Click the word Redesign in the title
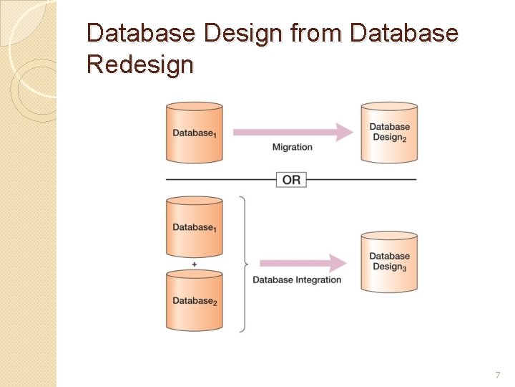pos(139,64)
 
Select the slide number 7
pos(498,376)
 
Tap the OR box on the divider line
pos(291,179)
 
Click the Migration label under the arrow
pos(292,147)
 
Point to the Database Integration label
pos(297,279)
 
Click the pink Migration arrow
pos(293,132)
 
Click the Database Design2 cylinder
pos(389,132)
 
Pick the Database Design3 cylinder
pos(389,262)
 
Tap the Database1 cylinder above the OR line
pos(194,133)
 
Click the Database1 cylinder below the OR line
pos(194,226)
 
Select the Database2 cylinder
pos(194,301)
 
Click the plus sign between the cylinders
pos(194,264)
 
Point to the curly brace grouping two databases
pos(243,264)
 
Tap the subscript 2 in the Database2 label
pos(215,304)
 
